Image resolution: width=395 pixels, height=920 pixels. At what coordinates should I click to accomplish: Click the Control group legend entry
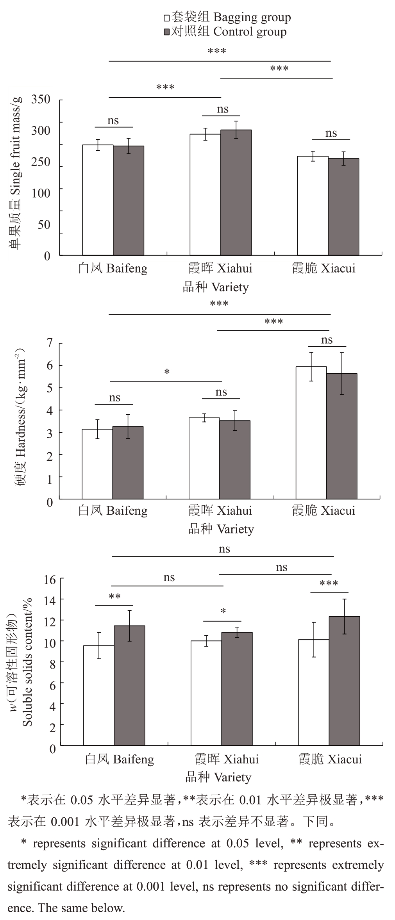(225, 32)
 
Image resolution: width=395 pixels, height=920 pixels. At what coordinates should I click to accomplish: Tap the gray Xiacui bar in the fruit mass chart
(343, 207)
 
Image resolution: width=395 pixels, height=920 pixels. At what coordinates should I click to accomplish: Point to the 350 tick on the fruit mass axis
(41, 100)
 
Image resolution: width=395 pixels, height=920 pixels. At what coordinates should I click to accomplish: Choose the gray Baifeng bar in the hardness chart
(128, 463)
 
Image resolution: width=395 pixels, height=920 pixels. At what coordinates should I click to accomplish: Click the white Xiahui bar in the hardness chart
(204, 458)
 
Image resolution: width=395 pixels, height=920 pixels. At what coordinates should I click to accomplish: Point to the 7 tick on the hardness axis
(50, 343)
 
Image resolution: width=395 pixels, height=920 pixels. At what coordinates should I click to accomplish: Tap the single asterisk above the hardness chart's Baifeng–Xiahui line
(167, 372)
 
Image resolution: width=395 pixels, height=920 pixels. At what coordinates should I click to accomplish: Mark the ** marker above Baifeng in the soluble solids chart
(114, 597)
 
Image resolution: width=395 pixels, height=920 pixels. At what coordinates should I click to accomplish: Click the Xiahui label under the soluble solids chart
(227, 759)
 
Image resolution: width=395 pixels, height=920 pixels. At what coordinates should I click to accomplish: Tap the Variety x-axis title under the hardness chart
(221, 530)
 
